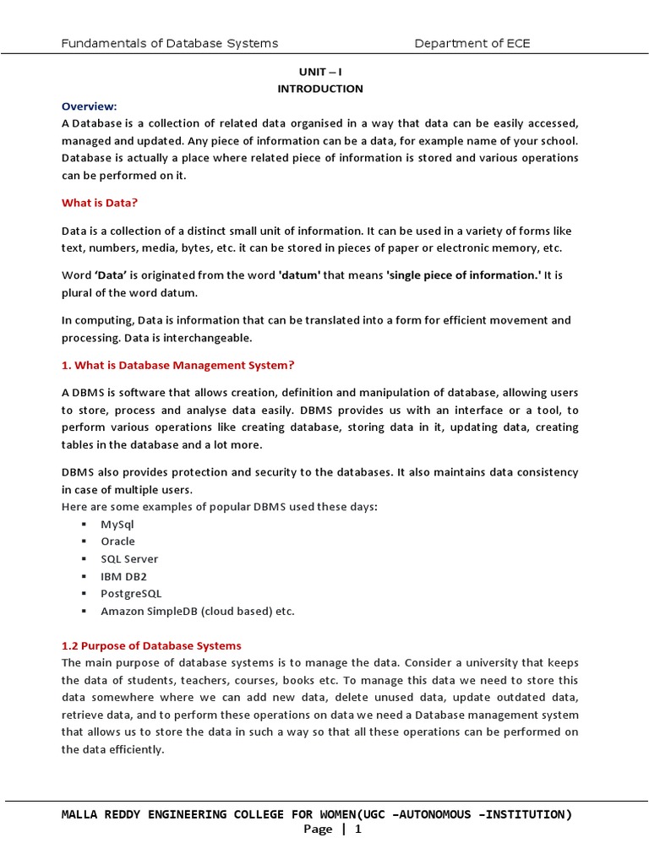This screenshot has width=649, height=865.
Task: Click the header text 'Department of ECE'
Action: [x=472, y=43]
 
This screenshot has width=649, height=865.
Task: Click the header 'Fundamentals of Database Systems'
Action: [x=170, y=43]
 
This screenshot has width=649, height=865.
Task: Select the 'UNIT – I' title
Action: [x=320, y=72]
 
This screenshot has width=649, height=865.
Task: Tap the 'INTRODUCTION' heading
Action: [x=320, y=89]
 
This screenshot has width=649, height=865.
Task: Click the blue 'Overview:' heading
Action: [x=89, y=106]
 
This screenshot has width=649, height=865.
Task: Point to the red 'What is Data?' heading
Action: [x=99, y=203]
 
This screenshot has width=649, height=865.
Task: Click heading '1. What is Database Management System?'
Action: [x=177, y=365]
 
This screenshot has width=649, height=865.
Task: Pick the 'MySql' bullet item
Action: [x=117, y=524]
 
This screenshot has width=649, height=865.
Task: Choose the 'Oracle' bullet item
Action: [x=117, y=541]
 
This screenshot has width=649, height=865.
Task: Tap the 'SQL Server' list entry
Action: [x=129, y=559]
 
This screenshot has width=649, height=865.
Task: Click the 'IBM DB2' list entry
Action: [x=123, y=576]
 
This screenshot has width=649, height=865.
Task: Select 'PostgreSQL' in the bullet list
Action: [x=131, y=594]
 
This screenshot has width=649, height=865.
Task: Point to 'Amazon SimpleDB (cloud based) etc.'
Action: [x=197, y=611]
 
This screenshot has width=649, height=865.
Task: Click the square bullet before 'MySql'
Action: [x=85, y=525]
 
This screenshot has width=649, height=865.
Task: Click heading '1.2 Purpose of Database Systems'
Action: [x=151, y=645]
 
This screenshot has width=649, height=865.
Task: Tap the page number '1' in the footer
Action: [x=357, y=830]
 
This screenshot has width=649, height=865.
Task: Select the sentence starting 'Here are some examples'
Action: [x=220, y=506]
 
